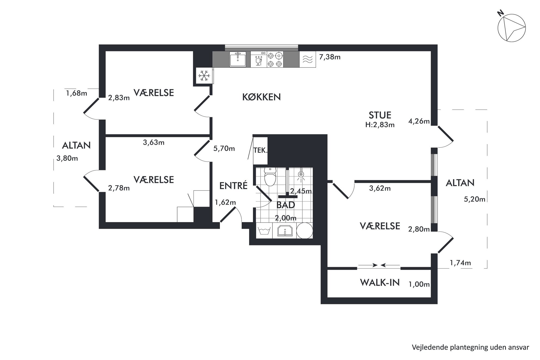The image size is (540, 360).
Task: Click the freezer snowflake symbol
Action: point(204,76)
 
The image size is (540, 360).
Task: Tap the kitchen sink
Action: point(238,59)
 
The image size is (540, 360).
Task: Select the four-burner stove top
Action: point(275,60)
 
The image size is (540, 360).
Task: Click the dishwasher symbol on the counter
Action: point(259,60)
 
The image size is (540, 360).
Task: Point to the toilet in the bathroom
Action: point(270,177)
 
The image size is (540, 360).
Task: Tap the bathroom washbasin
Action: point(285,231)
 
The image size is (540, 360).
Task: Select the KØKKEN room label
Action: point(261,97)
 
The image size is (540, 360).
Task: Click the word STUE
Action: point(380,115)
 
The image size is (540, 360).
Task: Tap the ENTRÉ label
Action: point(233,186)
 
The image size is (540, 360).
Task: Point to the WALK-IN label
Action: point(380,283)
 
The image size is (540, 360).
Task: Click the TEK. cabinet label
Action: point(260,150)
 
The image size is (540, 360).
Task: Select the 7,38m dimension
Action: point(330,57)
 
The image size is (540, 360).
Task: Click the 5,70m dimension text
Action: point(224,149)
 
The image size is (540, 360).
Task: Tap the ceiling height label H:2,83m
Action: point(380,125)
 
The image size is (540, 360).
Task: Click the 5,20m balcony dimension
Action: point(475,199)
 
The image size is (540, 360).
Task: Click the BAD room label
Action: point(286,205)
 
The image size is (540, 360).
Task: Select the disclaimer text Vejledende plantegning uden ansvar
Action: point(471,347)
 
